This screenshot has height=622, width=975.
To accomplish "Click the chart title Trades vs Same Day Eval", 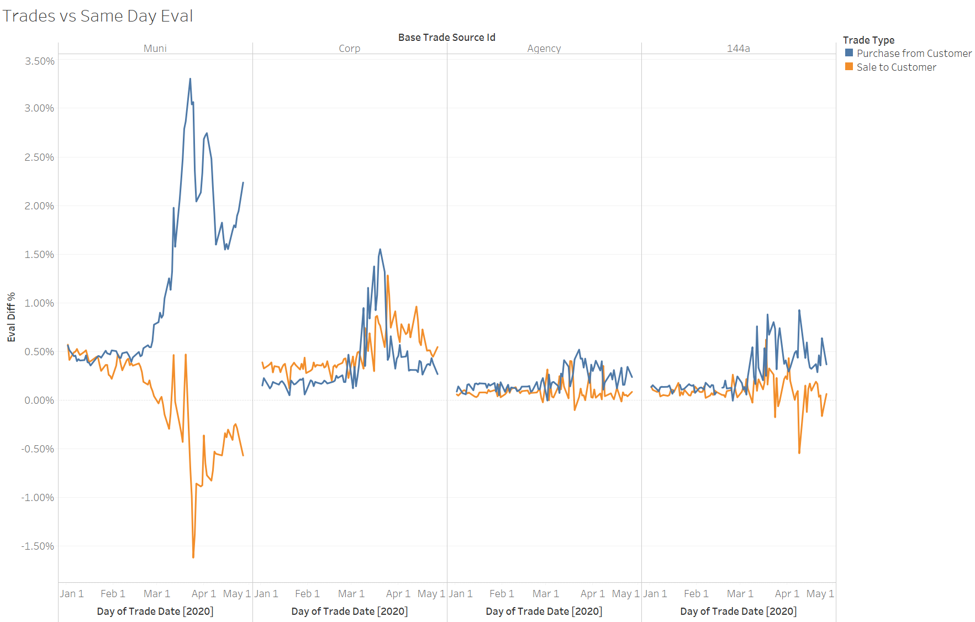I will pyautogui.click(x=98, y=16).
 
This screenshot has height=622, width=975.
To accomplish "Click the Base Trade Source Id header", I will pyautogui.click(x=446, y=37).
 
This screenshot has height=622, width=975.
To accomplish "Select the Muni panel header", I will pyautogui.click(x=155, y=49).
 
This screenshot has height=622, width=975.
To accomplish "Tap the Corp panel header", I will pyautogui.click(x=349, y=49).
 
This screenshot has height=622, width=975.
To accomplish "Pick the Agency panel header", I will pyautogui.click(x=544, y=49).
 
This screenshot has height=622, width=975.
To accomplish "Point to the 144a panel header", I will pyautogui.click(x=738, y=49).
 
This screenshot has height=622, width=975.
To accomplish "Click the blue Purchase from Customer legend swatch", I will pyautogui.click(x=849, y=53).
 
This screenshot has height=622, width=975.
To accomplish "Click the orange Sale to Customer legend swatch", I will pyautogui.click(x=849, y=67).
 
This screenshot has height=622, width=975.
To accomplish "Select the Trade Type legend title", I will pyautogui.click(x=868, y=40).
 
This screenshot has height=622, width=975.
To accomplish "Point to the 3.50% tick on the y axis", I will pyautogui.click(x=40, y=61).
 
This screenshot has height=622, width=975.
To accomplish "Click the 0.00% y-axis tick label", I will pyautogui.click(x=40, y=400).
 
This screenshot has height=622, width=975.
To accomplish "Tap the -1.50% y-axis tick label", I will pyautogui.click(x=38, y=546).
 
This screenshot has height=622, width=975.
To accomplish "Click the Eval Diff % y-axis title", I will pyautogui.click(x=11, y=317).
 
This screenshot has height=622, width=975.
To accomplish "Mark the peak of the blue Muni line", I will pyautogui.click(x=190, y=79).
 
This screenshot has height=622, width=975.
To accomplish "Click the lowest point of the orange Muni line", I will pyautogui.click(x=193, y=557).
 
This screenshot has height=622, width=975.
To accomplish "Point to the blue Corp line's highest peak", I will pyautogui.click(x=380, y=249).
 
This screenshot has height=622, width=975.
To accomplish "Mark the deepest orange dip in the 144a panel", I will pyautogui.click(x=799, y=453).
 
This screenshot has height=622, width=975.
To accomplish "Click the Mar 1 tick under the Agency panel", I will pyautogui.click(x=546, y=593).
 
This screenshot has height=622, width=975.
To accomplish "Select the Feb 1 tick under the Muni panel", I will pyautogui.click(x=113, y=593).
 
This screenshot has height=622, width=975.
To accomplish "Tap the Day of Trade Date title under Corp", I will pyautogui.click(x=349, y=611).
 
